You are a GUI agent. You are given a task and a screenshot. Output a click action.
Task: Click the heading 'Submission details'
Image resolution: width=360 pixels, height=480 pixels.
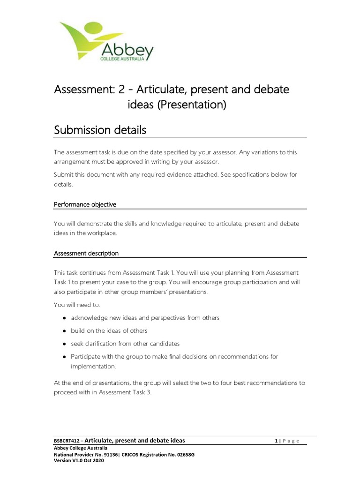point(100,130)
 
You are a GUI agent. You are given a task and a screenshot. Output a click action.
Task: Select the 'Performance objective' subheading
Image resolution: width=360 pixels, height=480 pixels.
point(85,204)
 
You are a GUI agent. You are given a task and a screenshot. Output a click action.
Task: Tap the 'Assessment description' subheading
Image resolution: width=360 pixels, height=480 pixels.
point(86,253)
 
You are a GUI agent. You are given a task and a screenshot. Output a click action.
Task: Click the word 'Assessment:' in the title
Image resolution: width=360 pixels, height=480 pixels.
point(82,89)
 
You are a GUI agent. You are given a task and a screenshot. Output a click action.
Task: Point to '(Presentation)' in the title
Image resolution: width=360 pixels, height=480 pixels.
point(191,105)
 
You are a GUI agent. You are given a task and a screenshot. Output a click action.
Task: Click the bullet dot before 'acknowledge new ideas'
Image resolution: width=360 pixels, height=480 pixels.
point(63,318)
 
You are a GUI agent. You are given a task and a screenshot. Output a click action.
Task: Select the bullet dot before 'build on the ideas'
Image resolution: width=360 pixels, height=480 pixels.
point(63,330)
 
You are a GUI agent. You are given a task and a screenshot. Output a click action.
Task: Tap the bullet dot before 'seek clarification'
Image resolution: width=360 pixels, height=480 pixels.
point(63,344)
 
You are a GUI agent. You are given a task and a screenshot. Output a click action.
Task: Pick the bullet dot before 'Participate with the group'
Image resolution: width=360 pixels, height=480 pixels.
point(63,357)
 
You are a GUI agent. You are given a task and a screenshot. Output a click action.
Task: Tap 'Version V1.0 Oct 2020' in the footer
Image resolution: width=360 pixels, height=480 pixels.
point(79,461)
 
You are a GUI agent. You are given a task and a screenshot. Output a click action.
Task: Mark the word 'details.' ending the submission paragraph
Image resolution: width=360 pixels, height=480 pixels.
point(63,184)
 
